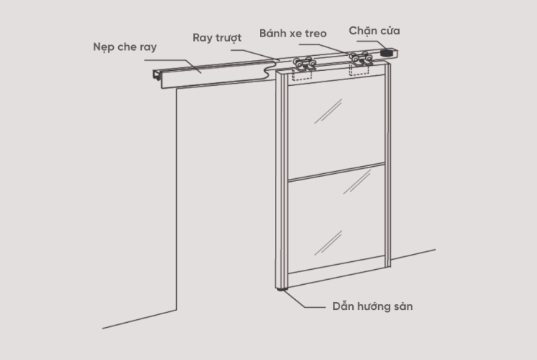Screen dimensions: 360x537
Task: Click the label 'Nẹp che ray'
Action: point(125,47)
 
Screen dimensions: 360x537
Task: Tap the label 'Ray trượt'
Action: point(217,37)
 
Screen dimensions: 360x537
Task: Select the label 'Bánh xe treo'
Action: point(293,33)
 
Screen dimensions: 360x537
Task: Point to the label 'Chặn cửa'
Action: point(374,30)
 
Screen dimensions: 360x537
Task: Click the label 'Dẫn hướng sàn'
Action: point(372,306)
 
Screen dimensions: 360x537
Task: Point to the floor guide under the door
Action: point(279,291)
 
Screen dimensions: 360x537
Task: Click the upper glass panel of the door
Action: point(334,125)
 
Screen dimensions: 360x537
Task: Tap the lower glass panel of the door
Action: point(335,218)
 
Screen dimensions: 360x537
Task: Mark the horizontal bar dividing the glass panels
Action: point(335,172)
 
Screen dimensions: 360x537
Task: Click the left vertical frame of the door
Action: point(281,179)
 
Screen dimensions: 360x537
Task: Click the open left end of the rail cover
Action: point(155,77)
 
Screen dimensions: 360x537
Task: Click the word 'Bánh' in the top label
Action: point(275,33)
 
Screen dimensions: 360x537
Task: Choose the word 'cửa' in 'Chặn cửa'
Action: point(391,30)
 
